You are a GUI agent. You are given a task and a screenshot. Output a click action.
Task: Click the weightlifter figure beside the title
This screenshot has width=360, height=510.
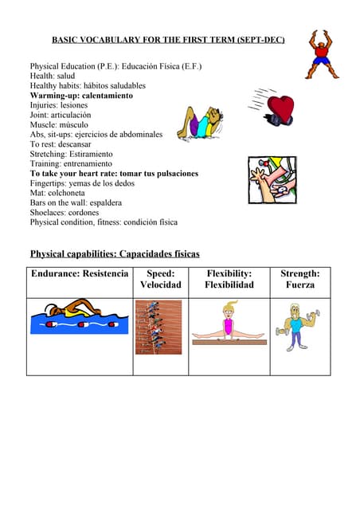coord(322,54)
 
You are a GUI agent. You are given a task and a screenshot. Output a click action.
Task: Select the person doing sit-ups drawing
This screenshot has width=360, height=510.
coord(202,124)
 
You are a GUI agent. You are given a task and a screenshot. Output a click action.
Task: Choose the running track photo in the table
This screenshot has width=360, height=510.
coord(158,327)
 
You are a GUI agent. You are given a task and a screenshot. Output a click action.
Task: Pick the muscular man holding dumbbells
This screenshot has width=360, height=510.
coord(298,327)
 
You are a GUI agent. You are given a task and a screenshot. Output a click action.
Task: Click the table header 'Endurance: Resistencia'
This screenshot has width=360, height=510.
coord(79,274)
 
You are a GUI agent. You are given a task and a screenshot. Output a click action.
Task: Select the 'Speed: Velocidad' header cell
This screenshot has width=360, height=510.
coord(160,279)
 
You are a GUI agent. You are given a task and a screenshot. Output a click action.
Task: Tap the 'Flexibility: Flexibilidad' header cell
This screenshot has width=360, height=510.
coord(229,279)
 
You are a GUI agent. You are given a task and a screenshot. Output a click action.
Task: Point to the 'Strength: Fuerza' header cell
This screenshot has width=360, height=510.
coord(299,279)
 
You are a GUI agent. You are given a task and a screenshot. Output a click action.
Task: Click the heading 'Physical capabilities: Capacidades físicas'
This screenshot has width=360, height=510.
coord(115,254)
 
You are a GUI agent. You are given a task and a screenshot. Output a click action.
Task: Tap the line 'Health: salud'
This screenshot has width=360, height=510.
coord(53,76)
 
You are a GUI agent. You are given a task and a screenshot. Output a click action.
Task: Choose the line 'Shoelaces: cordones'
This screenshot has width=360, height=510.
coord(65,213)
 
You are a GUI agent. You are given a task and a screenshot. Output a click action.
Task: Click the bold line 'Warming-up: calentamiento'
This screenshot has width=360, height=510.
coord(81,96)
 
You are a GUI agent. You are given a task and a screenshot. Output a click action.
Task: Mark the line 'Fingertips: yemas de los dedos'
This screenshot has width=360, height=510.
coord(84,183)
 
